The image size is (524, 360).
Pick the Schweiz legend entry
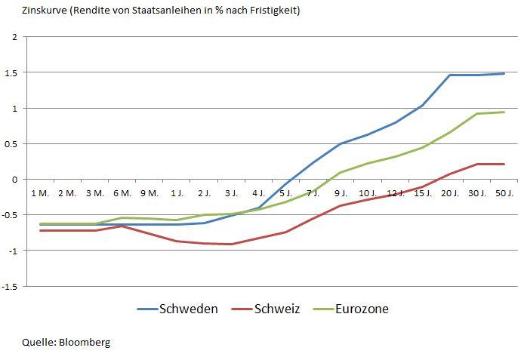[x=277, y=309]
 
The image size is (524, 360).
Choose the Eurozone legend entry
[x=362, y=309]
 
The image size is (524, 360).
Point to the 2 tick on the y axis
[x=14, y=37]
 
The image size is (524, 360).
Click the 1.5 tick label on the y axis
[x=11, y=72]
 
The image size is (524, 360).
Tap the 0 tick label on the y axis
[x=14, y=180]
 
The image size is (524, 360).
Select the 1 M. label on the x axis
[x=40, y=193]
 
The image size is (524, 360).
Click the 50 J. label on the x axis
[x=504, y=193]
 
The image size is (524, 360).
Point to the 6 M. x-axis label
[x=122, y=193]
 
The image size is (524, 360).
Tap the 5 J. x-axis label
[x=285, y=193]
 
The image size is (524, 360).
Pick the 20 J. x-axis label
[x=450, y=193]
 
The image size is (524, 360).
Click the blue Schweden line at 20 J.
[x=450, y=75]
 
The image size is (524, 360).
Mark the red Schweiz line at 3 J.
[x=231, y=244]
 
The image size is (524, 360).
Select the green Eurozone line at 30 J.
[x=477, y=114]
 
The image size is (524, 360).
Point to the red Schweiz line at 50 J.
[x=504, y=164]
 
